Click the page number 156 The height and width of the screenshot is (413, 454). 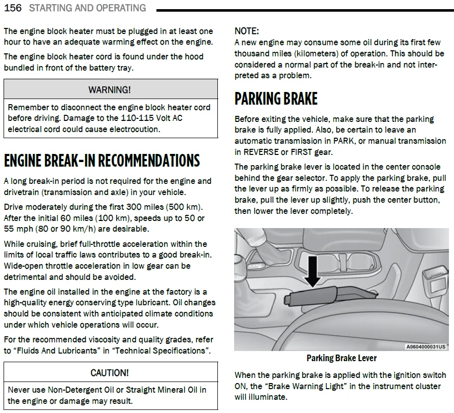[13, 8]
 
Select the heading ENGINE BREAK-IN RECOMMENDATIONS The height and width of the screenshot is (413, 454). [102, 161]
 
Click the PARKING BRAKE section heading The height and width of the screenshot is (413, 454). [276, 99]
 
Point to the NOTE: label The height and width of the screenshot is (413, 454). [247, 31]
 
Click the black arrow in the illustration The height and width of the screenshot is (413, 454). [312, 271]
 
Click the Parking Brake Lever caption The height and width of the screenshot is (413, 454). [342, 358]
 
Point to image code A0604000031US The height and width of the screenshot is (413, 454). [426, 346]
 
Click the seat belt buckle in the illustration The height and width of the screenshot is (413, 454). [434, 283]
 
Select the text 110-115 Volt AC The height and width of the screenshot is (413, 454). [152, 118]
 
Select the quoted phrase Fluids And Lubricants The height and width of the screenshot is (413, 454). [57, 351]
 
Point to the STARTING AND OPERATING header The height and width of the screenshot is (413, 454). [87, 8]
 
